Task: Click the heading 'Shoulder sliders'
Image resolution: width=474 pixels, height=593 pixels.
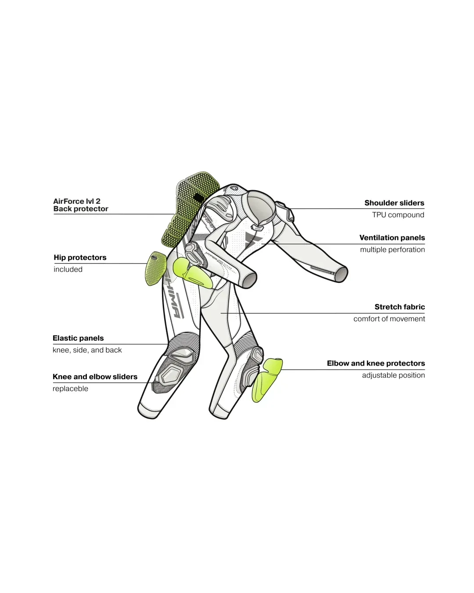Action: click(394, 203)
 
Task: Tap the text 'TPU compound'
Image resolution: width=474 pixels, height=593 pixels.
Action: click(398, 215)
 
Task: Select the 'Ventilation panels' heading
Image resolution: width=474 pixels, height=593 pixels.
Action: click(392, 238)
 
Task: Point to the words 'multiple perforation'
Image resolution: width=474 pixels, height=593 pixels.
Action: click(392, 249)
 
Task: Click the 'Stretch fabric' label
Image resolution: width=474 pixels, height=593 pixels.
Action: click(400, 307)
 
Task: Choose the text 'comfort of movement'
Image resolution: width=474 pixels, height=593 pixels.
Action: click(389, 319)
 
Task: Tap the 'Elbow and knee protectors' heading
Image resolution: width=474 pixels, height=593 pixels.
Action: click(376, 363)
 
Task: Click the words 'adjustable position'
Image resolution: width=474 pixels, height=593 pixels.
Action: click(393, 375)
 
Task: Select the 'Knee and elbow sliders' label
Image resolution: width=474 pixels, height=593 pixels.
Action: click(95, 377)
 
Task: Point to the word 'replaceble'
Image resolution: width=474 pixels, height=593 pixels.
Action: click(71, 389)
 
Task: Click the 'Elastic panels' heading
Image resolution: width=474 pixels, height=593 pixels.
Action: click(78, 338)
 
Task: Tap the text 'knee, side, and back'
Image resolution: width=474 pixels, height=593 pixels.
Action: click(87, 350)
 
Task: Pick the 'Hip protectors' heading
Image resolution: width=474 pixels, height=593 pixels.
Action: click(80, 257)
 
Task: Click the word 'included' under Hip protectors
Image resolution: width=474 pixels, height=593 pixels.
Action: click(68, 270)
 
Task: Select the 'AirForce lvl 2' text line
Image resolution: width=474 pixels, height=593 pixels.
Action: click(76, 201)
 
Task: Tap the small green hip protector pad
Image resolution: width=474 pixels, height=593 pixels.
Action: click(156, 268)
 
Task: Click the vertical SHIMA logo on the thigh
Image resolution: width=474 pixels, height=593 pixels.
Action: click(173, 295)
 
